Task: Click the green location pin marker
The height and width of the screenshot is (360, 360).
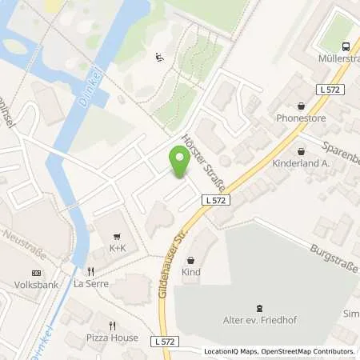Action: (x=178, y=162)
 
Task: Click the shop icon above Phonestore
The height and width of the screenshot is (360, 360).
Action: (x=301, y=105)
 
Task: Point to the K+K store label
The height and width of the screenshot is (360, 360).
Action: (x=118, y=248)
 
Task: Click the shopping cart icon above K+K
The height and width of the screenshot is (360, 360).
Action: (x=118, y=236)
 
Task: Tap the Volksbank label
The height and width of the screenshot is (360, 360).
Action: (x=32, y=283)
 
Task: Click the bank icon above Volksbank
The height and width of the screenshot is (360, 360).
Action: (x=36, y=271)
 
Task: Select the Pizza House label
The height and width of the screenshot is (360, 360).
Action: (x=112, y=338)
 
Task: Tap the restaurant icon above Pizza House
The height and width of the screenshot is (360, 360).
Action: (x=112, y=326)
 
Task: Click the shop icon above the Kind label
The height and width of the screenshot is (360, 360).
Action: (x=190, y=260)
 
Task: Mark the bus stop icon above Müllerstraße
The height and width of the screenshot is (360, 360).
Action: (x=347, y=45)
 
